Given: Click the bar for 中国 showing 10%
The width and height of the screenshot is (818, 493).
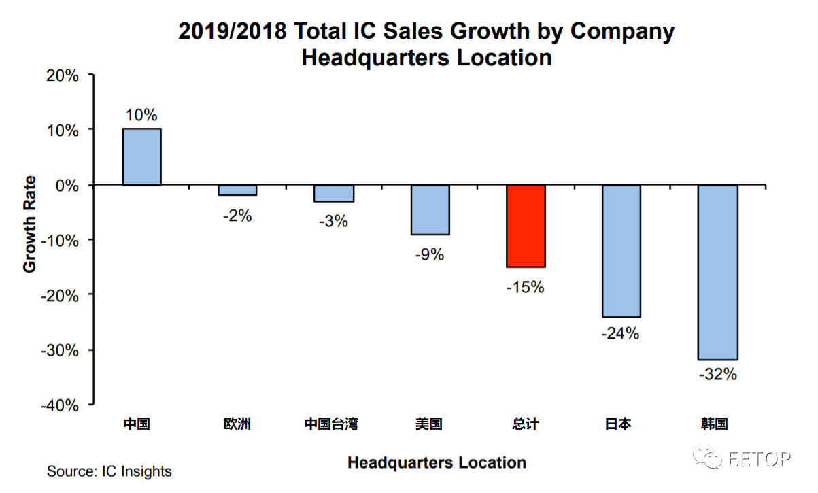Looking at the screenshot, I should click(x=141, y=156).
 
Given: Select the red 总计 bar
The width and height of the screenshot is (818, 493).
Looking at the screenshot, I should click(x=526, y=226).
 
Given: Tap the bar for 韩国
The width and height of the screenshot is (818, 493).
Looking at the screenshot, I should click(x=718, y=272).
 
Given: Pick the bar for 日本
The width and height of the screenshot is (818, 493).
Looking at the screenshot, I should click(x=621, y=250).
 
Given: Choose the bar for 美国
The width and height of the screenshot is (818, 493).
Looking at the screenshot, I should click(x=430, y=209).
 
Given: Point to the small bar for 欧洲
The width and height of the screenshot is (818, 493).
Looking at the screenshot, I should click(x=237, y=190).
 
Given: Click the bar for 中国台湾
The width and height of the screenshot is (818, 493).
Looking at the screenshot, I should click(x=334, y=193).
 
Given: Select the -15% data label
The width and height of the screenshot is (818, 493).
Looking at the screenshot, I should click(x=526, y=288).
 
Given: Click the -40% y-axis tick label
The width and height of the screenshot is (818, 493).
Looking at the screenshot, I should click(x=61, y=405).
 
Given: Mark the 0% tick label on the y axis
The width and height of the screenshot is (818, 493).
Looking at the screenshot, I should click(x=66, y=185).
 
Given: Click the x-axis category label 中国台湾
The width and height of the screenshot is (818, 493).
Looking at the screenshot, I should click(x=331, y=424).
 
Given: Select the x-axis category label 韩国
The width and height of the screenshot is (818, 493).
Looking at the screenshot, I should click(x=715, y=424).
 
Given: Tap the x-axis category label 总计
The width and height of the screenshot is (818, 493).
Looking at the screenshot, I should click(x=524, y=424).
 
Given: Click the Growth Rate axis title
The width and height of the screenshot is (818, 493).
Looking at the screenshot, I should click(x=29, y=224).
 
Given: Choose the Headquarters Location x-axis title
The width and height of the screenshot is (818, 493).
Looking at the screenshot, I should click(x=437, y=463).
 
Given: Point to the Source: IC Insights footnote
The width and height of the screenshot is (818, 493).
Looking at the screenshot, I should click(x=109, y=471).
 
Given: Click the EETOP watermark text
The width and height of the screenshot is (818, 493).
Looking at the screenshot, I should click(x=760, y=460).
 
